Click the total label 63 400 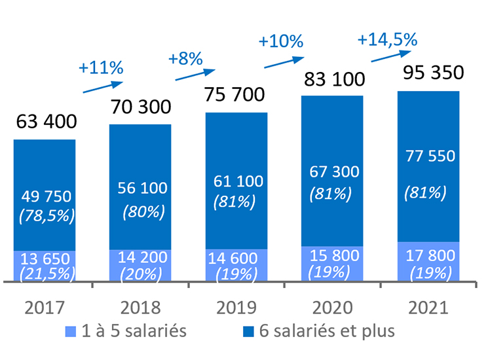click(45, 122)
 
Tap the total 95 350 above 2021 click(430, 71)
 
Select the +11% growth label click(101, 67)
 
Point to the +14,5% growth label click(387, 39)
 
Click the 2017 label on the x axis click(45, 306)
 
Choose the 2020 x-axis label click(333, 306)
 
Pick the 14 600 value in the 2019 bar click(236, 258)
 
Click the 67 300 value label click(333, 171)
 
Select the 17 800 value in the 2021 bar click(430, 254)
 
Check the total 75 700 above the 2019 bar click(236, 94)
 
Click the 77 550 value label click(430, 156)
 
